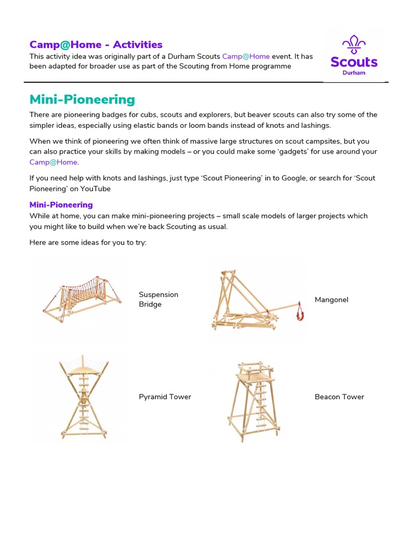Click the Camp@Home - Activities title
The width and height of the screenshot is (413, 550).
(x=96, y=45)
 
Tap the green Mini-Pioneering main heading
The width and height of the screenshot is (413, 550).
(x=82, y=99)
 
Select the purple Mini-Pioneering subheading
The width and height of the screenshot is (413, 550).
(x=61, y=205)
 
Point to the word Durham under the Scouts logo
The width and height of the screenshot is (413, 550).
(x=354, y=73)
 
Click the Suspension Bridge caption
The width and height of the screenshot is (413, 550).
(x=158, y=299)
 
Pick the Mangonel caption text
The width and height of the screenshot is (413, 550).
(x=331, y=299)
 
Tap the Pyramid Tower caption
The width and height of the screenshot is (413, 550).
(x=165, y=397)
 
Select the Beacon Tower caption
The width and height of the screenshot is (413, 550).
(x=339, y=397)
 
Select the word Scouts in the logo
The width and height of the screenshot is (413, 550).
(x=354, y=62)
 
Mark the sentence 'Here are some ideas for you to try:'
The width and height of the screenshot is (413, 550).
(x=88, y=243)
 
